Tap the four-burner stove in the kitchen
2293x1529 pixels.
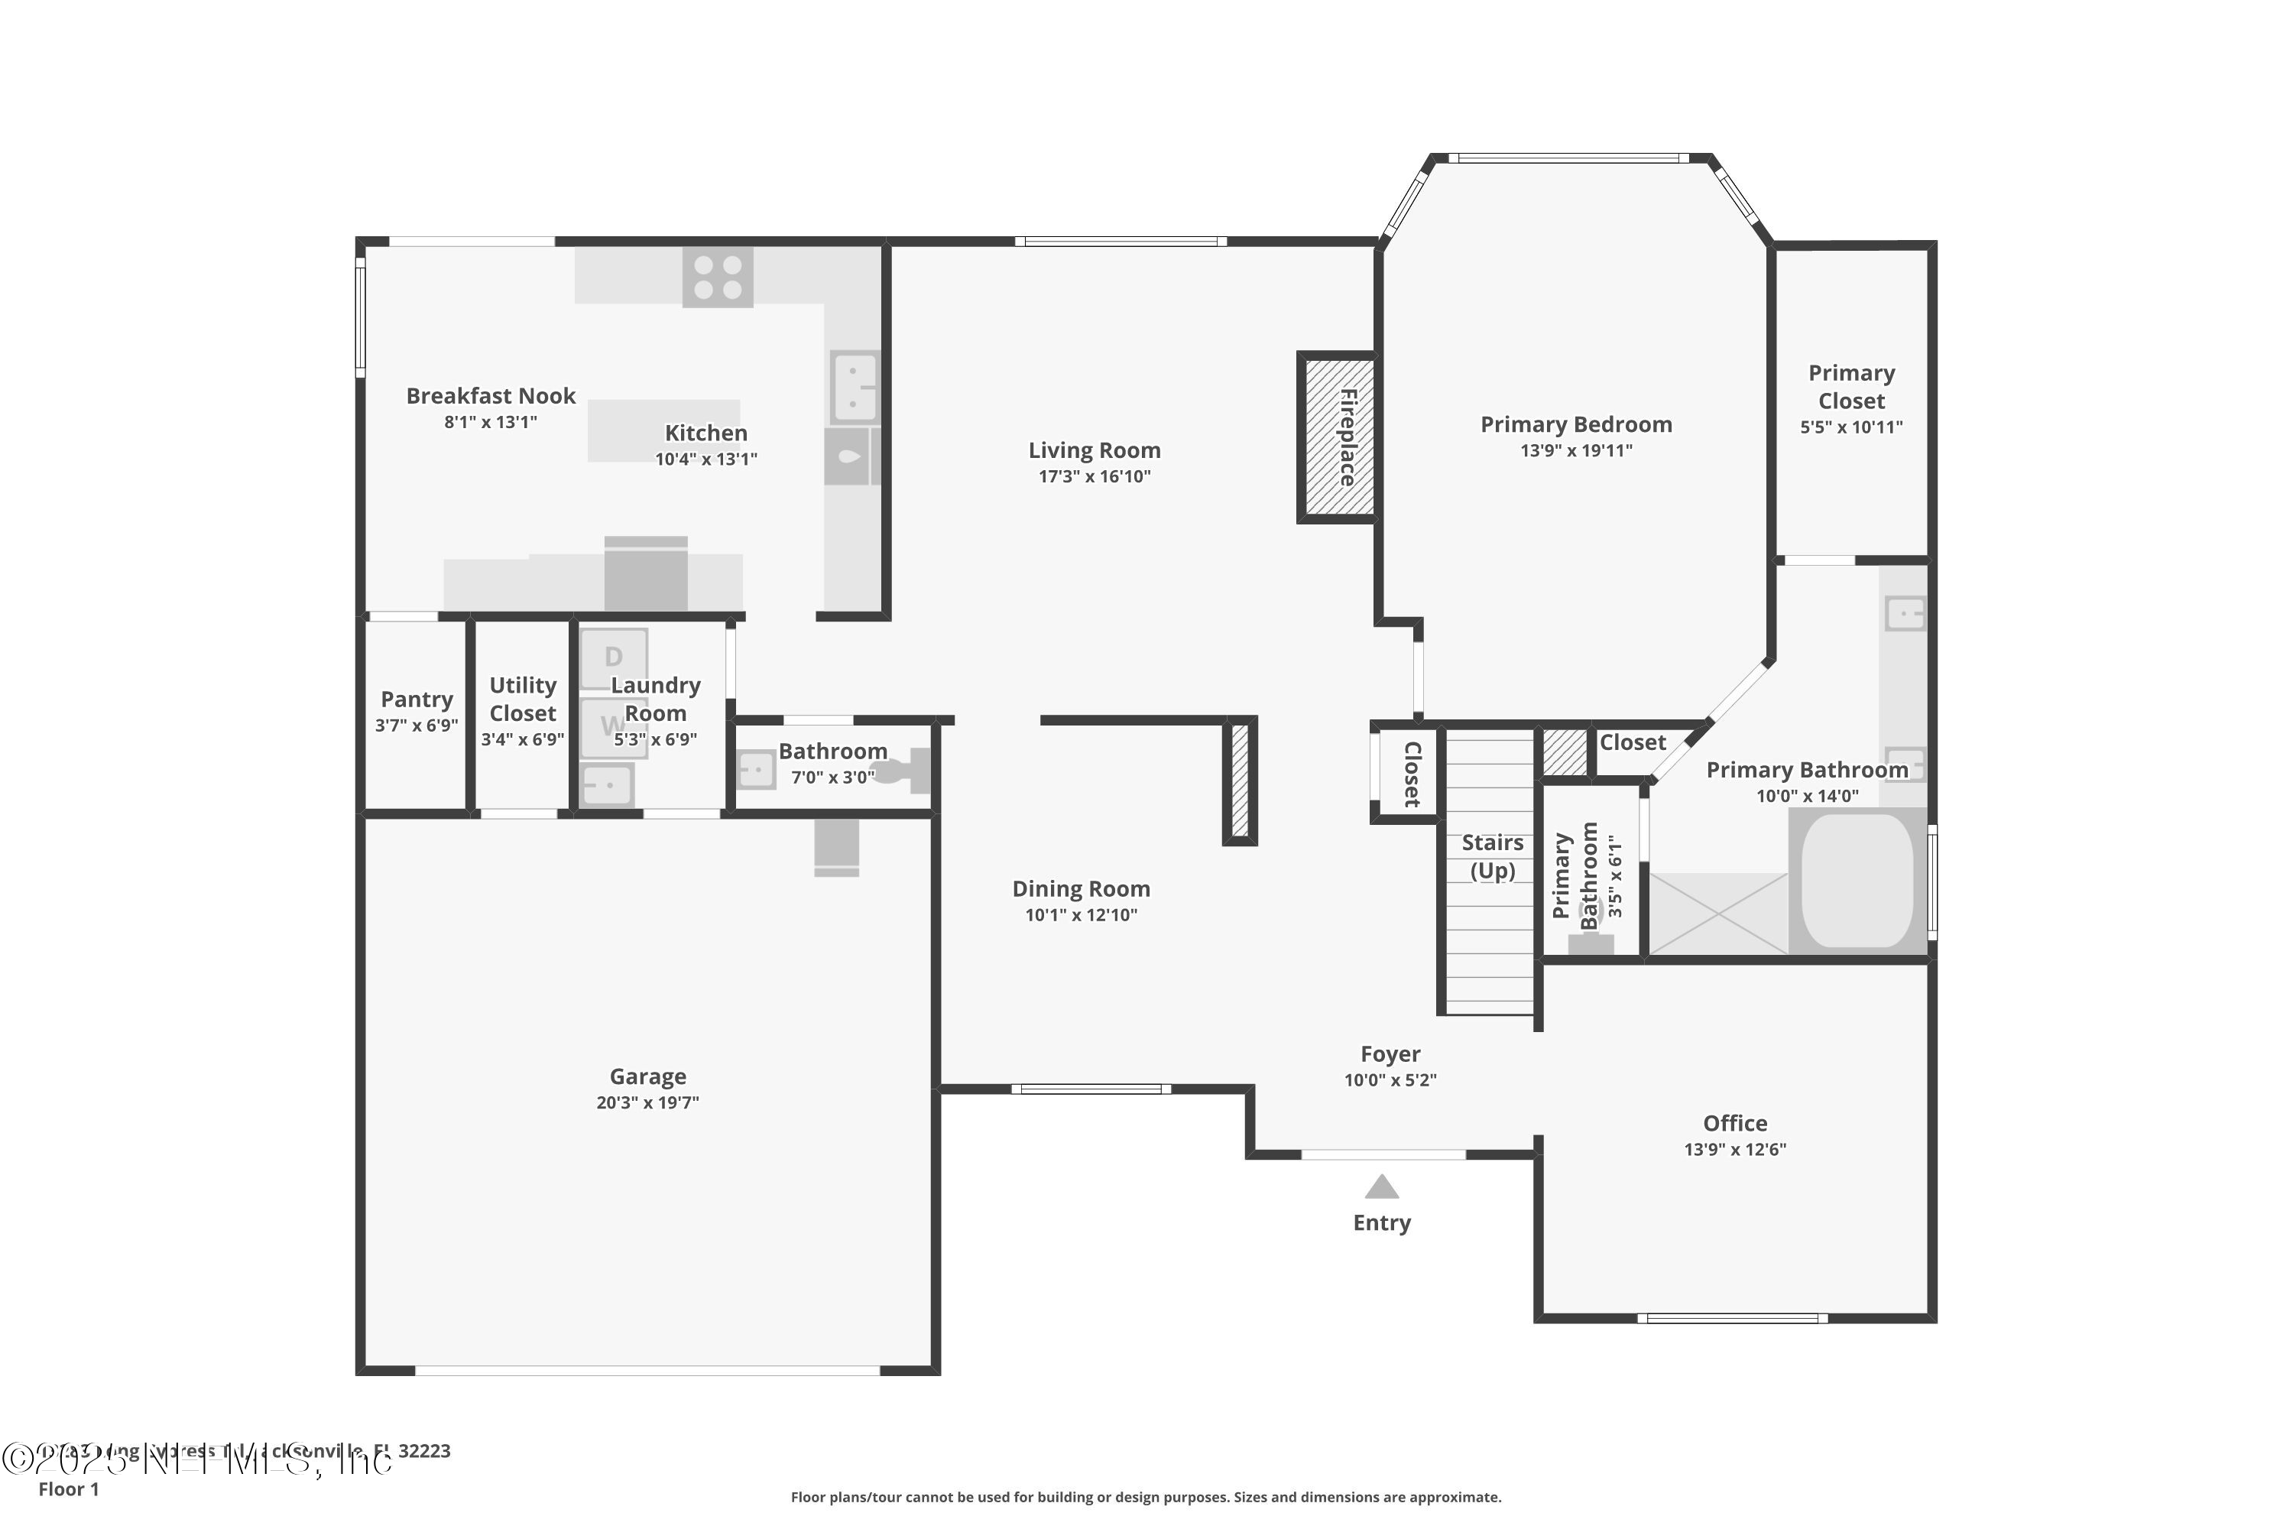pyautogui.click(x=718, y=277)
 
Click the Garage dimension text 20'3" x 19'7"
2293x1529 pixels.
pyautogui.click(x=647, y=1103)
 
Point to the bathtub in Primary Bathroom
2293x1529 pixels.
pyautogui.click(x=1857, y=881)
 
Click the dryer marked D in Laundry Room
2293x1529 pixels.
pyautogui.click(x=613, y=658)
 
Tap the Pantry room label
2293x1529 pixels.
pyautogui.click(x=417, y=700)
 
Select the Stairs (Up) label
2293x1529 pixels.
pyautogui.click(x=1492, y=856)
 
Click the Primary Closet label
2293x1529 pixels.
pyautogui.click(x=1850, y=387)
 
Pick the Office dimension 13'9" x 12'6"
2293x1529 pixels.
pyautogui.click(x=1734, y=1150)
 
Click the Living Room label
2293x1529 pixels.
pyautogui.click(x=1094, y=450)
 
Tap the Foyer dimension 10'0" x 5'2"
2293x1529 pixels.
pyautogui.click(x=1390, y=1080)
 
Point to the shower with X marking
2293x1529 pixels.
pyautogui.click(x=1717, y=914)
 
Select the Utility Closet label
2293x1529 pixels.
pyautogui.click(x=523, y=700)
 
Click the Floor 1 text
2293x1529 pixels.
pyautogui.click(x=68, y=1489)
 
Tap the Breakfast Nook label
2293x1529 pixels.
pyautogui.click(x=491, y=396)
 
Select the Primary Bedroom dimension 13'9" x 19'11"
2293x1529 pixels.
pyautogui.click(x=1575, y=450)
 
